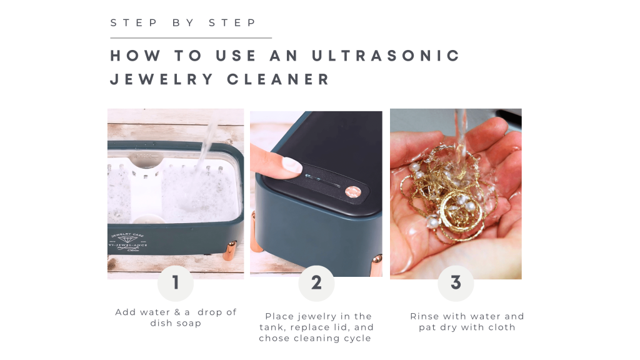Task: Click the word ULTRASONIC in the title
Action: coord(386,56)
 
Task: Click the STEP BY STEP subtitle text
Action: coord(183,23)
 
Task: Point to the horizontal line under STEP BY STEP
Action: coord(191,38)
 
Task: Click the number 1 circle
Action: coord(176,283)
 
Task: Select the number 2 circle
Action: coord(316,283)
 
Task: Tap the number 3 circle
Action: coord(456,283)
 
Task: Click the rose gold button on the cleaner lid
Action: coord(353,191)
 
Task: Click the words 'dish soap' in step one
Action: coord(176,323)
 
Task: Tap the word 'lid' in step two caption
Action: coord(363,327)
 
